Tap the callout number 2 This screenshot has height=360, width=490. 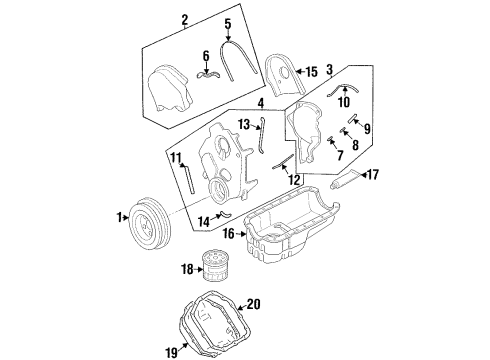click(185, 20)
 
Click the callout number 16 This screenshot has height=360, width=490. click(229, 234)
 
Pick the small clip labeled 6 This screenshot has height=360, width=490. click(207, 75)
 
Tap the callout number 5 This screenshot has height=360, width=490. click(228, 24)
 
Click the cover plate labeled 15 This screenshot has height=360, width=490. click(284, 76)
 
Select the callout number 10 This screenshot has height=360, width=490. click(344, 102)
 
